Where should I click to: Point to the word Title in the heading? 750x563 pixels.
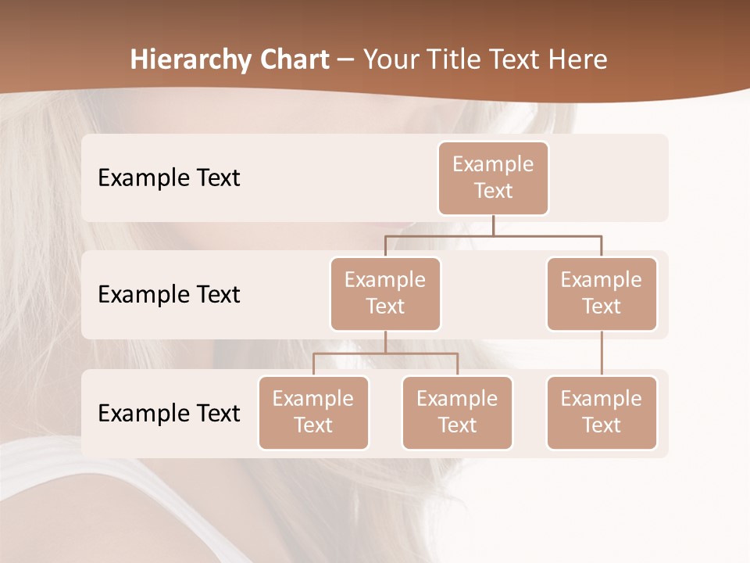coord(458,59)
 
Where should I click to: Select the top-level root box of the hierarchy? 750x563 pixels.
coord(493,178)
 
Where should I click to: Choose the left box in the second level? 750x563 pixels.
coord(385,294)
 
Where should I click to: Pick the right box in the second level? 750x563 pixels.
coord(602,294)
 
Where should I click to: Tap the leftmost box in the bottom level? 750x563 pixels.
coord(313,413)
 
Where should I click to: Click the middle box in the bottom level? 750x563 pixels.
coord(457,413)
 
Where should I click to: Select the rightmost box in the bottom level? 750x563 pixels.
coord(602,413)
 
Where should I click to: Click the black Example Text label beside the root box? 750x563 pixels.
coord(169,178)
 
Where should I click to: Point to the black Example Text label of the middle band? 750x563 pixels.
coord(169,295)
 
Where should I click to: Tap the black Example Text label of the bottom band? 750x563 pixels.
coord(169,413)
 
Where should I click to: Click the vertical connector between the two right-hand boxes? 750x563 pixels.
coord(602,353)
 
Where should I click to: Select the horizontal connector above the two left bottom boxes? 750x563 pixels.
coord(385,353)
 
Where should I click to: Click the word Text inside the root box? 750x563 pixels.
coord(493,191)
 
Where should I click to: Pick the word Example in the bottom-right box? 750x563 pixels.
coord(602,399)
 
